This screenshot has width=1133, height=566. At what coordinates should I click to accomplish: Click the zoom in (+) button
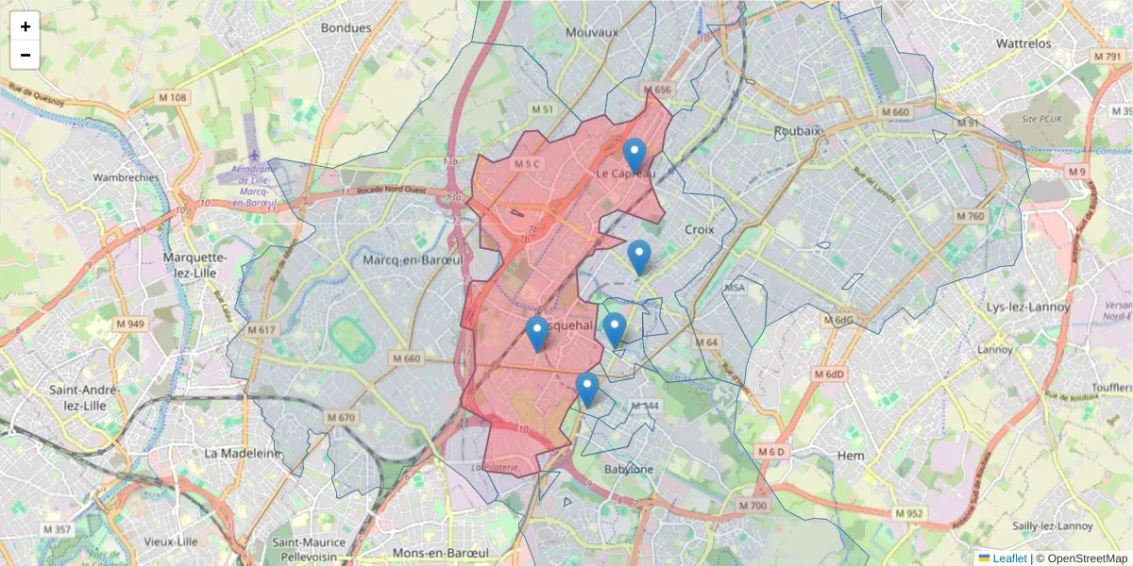click(x=25, y=26)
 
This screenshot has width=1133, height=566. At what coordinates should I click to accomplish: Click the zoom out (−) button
click(x=25, y=55)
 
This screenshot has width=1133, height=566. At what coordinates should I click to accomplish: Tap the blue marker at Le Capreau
click(x=634, y=155)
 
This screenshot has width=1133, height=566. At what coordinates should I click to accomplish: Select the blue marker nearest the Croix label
click(x=639, y=257)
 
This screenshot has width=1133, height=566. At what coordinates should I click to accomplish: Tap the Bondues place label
click(x=347, y=28)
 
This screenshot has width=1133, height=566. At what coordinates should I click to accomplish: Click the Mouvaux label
click(x=592, y=32)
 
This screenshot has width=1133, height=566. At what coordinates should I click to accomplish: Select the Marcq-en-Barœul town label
click(x=412, y=259)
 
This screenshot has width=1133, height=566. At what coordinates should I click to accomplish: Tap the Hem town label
click(x=851, y=456)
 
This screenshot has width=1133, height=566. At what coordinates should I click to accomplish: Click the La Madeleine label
click(x=243, y=453)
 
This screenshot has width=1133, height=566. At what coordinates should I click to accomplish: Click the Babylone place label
click(x=629, y=469)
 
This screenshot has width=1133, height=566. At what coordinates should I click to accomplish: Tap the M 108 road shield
click(x=173, y=97)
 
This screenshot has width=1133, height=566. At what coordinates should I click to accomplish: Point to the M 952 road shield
click(x=907, y=513)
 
